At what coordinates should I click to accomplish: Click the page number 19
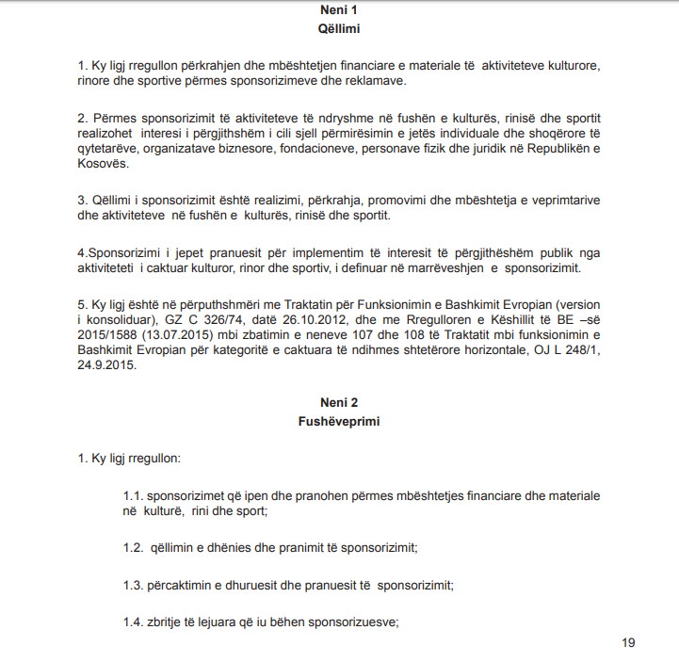click(628, 643)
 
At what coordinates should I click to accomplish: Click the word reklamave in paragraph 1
click(374, 81)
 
